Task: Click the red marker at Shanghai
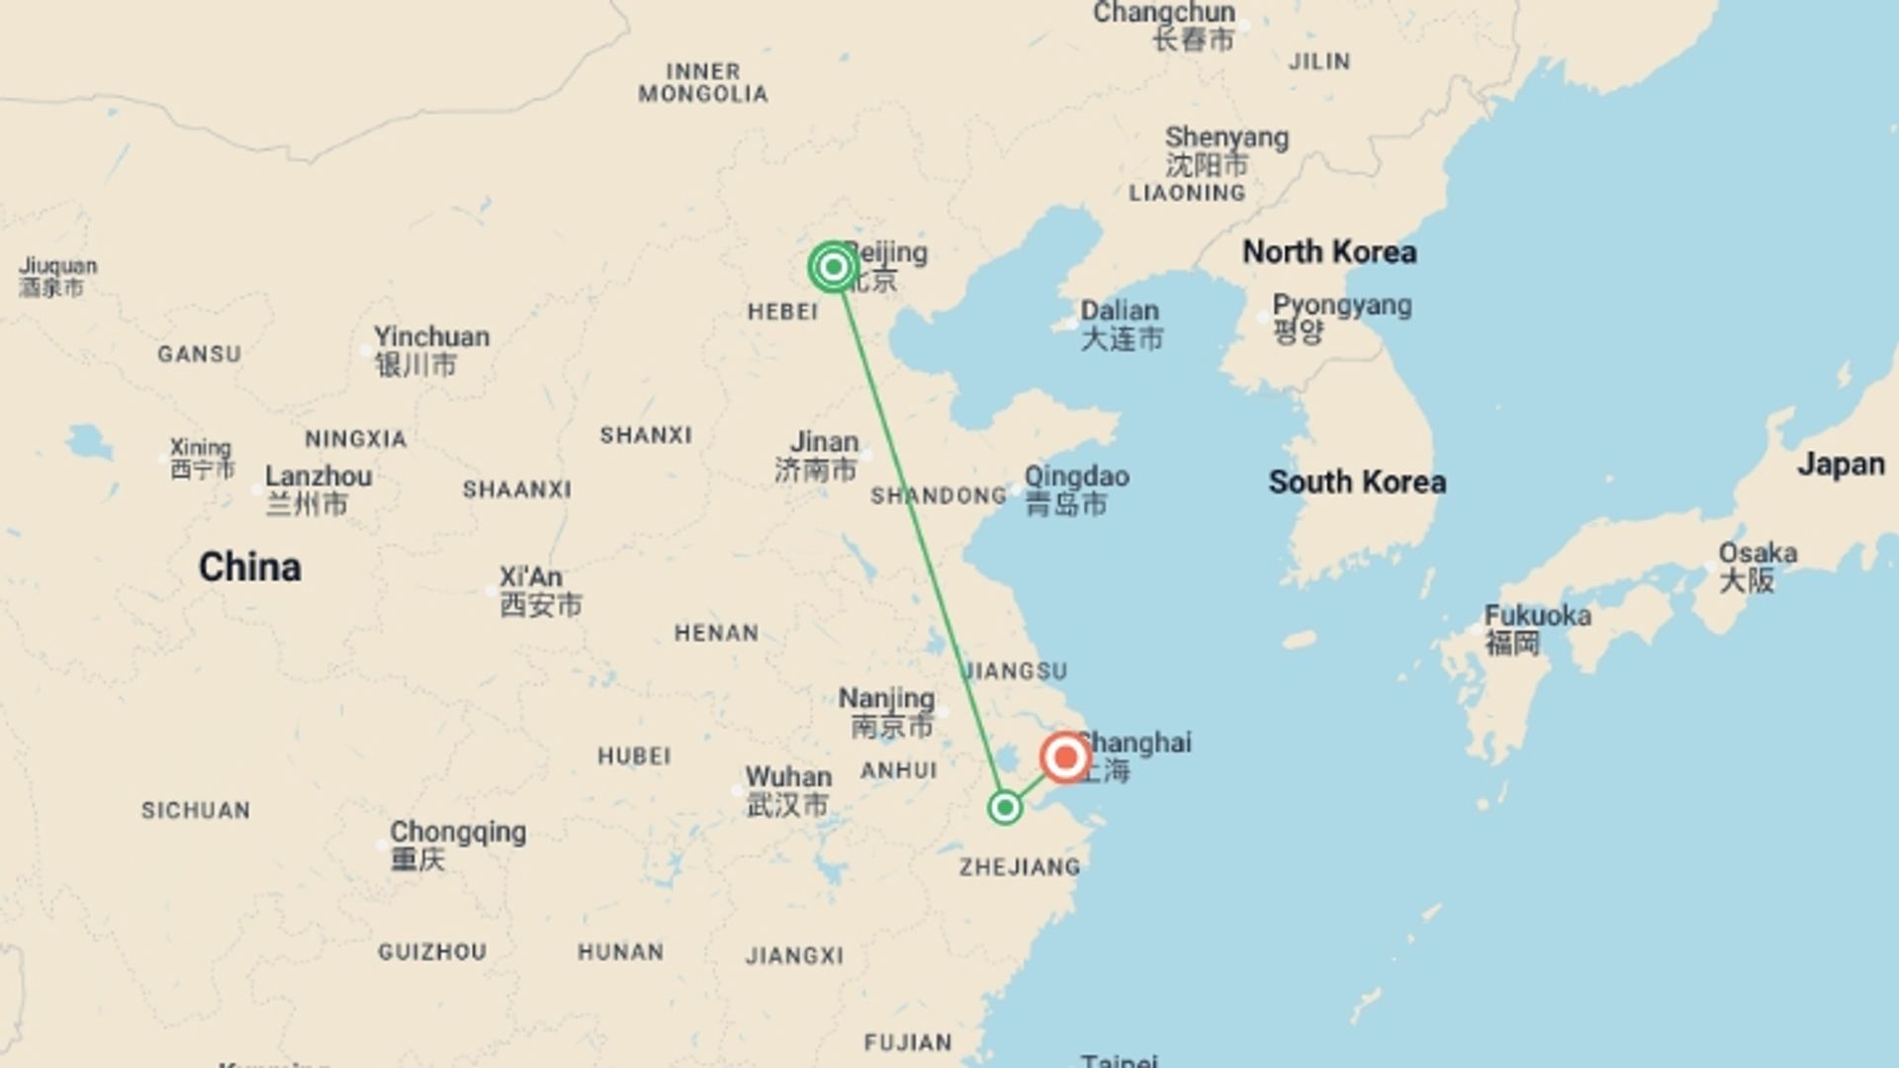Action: [x=1065, y=758]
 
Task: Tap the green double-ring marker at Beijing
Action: [x=833, y=267]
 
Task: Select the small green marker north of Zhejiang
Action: [x=1005, y=808]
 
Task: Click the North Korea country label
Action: [x=1329, y=252]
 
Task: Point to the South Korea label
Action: [x=1357, y=483]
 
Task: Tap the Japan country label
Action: [x=1841, y=464]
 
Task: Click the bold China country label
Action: [x=249, y=568]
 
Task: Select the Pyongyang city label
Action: [x=1341, y=306]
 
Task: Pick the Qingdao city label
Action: [x=1076, y=477]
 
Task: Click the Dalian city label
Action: [x=1120, y=311]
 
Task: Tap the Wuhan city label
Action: [x=788, y=777]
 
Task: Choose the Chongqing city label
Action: [x=458, y=833]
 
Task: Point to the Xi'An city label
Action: [x=531, y=578]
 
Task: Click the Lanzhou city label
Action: [x=318, y=477]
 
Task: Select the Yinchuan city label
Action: [x=431, y=337]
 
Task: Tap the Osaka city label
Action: [x=1758, y=553]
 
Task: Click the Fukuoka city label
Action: [x=1538, y=616]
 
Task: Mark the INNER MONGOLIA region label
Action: [x=703, y=83]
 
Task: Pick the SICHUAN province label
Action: [x=196, y=811]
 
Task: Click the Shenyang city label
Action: [x=1226, y=137]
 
